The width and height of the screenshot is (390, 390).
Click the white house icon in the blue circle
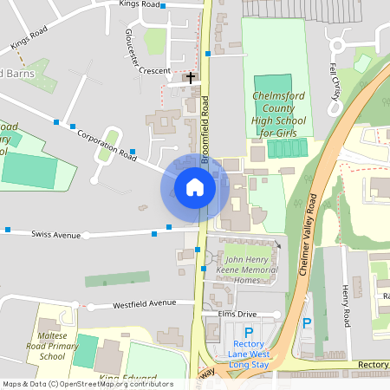pyautogui.click(x=195, y=187)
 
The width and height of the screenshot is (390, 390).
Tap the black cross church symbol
pyautogui.click(x=191, y=78)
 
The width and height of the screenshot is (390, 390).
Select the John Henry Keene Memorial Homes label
pyautogui.click(x=251, y=270)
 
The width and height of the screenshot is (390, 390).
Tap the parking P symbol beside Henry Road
pyautogui.click(x=306, y=323)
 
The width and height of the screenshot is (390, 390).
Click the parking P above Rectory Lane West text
pyautogui.click(x=249, y=332)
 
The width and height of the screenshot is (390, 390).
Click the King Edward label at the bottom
pyautogui.click(x=127, y=379)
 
